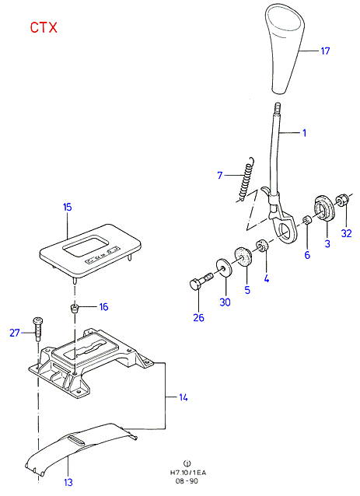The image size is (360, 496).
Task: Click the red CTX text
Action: click(x=44, y=27)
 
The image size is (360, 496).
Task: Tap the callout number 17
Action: click(x=325, y=51)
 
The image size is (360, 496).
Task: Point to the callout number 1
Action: click(x=304, y=132)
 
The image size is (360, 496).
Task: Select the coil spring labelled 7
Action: click(x=247, y=179)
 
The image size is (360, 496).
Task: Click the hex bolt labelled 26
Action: click(x=201, y=281)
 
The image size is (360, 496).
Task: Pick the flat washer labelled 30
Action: click(x=224, y=267)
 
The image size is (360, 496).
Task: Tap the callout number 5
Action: click(x=247, y=290)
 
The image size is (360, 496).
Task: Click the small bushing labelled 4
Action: click(x=262, y=246)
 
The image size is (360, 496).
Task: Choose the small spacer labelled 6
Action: click(x=306, y=219)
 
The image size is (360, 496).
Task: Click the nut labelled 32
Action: click(x=343, y=199)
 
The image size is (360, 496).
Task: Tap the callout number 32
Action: click(x=347, y=233)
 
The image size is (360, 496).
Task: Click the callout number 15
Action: click(x=68, y=208)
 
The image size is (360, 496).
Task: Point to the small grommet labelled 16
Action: click(x=75, y=308)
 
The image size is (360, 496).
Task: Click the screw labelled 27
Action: click(x=37, y=329)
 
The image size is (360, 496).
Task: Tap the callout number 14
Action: click(x=183, y=397)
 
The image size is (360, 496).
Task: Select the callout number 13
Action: click(x=68, y=483)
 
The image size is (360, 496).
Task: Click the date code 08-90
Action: click(x=187, y=481)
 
